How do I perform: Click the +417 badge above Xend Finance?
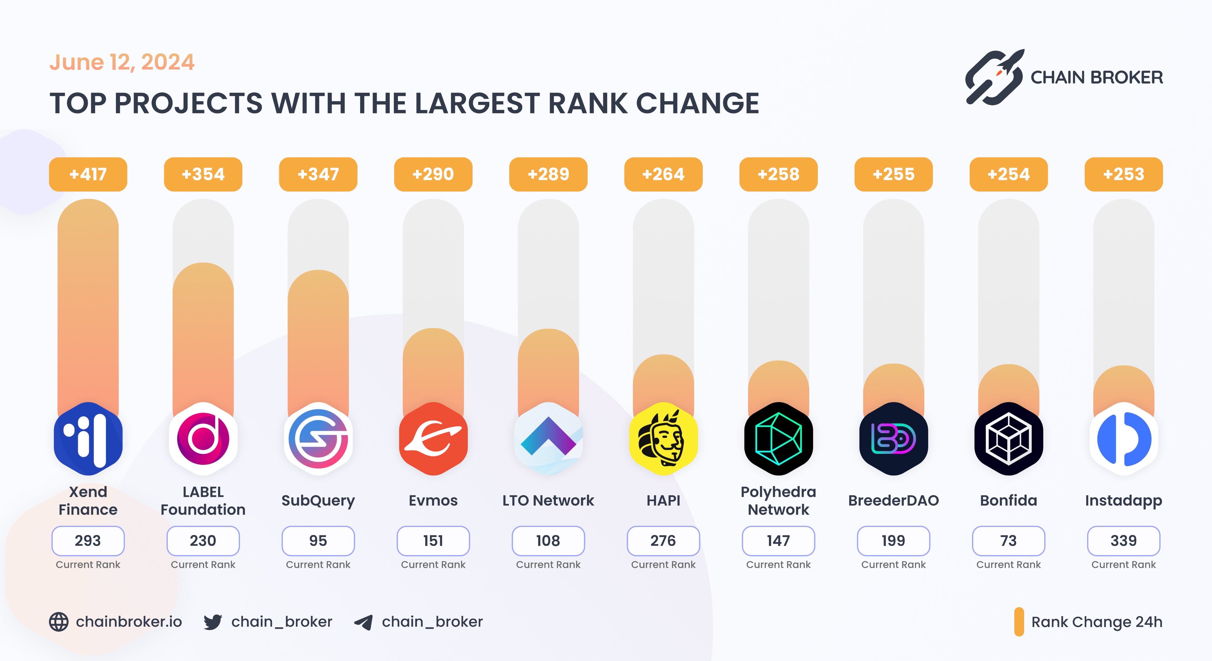coord(88,174)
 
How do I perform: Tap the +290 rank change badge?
coord(433,174)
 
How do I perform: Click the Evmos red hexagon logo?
coord(433,438)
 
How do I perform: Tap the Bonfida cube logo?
coord(1008,438)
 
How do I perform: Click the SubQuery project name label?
coord(318,501)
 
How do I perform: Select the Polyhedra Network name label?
coord(778,501)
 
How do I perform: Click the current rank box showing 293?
coord(88,541)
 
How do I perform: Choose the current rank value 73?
coord(1008,541)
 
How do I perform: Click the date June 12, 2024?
coord(122,62)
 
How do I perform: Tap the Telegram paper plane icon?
coord(364,622)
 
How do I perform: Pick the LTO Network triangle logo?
coord(548,438)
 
